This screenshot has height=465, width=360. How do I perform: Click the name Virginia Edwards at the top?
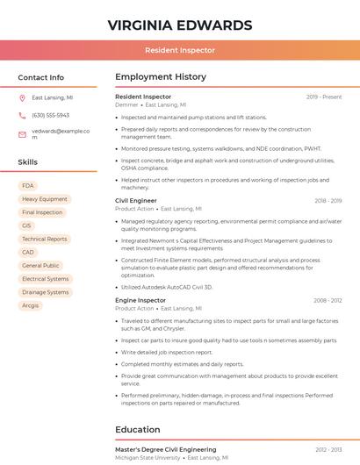[x=179, y=25]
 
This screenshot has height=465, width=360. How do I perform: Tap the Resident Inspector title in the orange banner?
[x=179, y=50]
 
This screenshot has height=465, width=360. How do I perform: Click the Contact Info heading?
[x=41, y=77]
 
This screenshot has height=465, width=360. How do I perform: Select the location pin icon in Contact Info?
[x=22, y=98]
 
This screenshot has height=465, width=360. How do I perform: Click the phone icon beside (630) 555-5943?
[x=22, y=115]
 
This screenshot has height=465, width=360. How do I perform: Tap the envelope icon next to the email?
[x=22, y=133]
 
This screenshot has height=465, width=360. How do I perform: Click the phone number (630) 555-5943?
[x=50, y=115]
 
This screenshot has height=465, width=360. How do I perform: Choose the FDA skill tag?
[x=28, y=186]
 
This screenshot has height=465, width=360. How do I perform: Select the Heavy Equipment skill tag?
[x=44, y=199]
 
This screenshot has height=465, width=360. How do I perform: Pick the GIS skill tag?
[x=26, y=225]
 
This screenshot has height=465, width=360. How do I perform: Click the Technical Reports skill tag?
[x=44, y=239]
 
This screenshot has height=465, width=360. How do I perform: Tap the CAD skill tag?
[x=28, y=252]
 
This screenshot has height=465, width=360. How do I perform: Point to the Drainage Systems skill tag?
[x=45, y=292]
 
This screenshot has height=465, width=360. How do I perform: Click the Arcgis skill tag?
[x=31, y=305]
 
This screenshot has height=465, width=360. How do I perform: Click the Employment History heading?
[x=161, y=77]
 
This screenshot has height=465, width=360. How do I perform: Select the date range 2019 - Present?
[x=324, y=97]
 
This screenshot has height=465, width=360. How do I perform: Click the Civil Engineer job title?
[x=136, y=201]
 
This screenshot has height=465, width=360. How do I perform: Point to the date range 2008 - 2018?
[x=328, y=300]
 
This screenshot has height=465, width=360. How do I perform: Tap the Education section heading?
[x=138, y=430]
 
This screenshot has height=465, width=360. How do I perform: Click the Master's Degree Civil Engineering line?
[x=165, y=449]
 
